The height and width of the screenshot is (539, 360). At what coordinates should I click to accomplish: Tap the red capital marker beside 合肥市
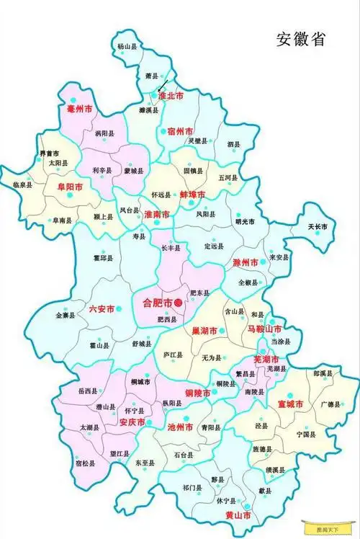[x=179, y=303]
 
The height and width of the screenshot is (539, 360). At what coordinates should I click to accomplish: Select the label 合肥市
[x=155, y=303]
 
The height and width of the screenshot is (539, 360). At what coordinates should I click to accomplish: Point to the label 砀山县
[x=128, y=46]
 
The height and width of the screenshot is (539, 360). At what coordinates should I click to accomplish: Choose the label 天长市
[x=318, y=227]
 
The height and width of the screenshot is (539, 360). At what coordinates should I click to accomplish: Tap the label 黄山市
[x=238, y=516]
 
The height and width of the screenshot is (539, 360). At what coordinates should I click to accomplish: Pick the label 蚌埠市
[x=192, y=195]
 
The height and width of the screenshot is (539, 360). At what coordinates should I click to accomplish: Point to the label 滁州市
[x=247, y=265]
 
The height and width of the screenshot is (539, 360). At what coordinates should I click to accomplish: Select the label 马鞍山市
[x=261, y=329]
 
